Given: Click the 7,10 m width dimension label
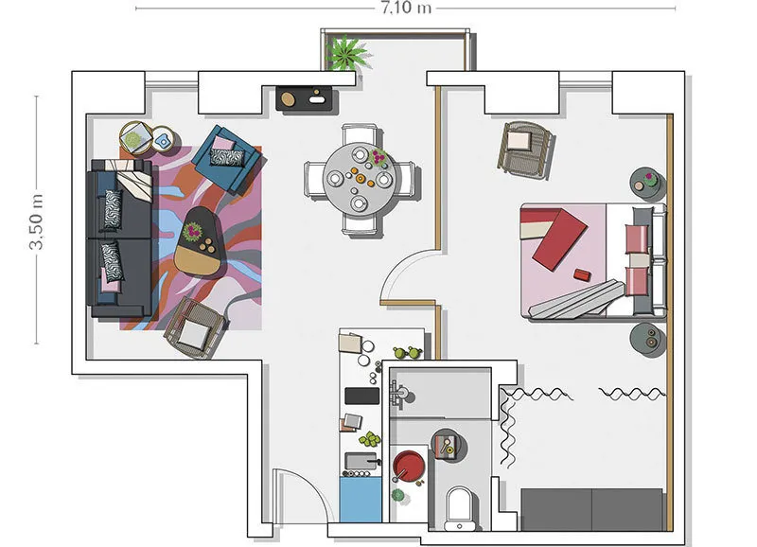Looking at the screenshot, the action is [406, 9].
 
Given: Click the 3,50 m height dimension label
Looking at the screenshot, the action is [37, 221].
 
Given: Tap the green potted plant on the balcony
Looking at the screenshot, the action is [347, 53].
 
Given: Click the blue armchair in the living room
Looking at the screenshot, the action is [227, 158].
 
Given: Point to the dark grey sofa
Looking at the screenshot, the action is [121, 238].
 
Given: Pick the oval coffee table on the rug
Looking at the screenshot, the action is [200, 242].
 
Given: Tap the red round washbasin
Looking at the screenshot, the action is [409, 466].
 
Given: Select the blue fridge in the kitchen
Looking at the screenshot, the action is [361, 500].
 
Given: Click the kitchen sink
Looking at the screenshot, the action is [361, 462].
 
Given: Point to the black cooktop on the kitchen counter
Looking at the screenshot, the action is [362, 396].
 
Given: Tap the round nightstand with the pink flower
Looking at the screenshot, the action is [648, 184].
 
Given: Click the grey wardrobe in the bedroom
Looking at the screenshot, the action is [592, 509].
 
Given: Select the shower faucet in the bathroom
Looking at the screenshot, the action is [400, 394].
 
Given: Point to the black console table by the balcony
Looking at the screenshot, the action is [304, 98].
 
